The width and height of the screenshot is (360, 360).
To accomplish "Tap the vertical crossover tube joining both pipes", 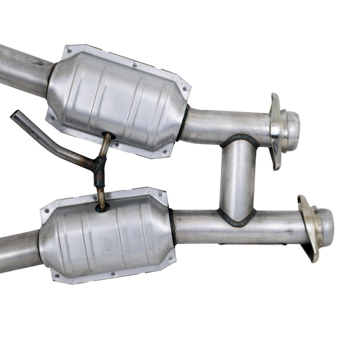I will pyautogui.click(x=238, y=180).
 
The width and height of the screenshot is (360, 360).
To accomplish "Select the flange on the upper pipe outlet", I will pyautogui.click(x=275, y=130).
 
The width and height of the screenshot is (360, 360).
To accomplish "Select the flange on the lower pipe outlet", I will pyautogui.click(x=308, y=227).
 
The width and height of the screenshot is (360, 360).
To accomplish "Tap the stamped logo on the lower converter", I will pyautogui.click(x=107, y=243).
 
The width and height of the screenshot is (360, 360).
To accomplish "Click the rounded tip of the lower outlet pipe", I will pyautogui.click(x=327, y=221).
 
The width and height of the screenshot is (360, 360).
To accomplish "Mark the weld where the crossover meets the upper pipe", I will pyautogui.click(x=239, y=139).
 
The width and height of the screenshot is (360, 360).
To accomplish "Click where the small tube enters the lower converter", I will pyautogui.click(x=102, y=207).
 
